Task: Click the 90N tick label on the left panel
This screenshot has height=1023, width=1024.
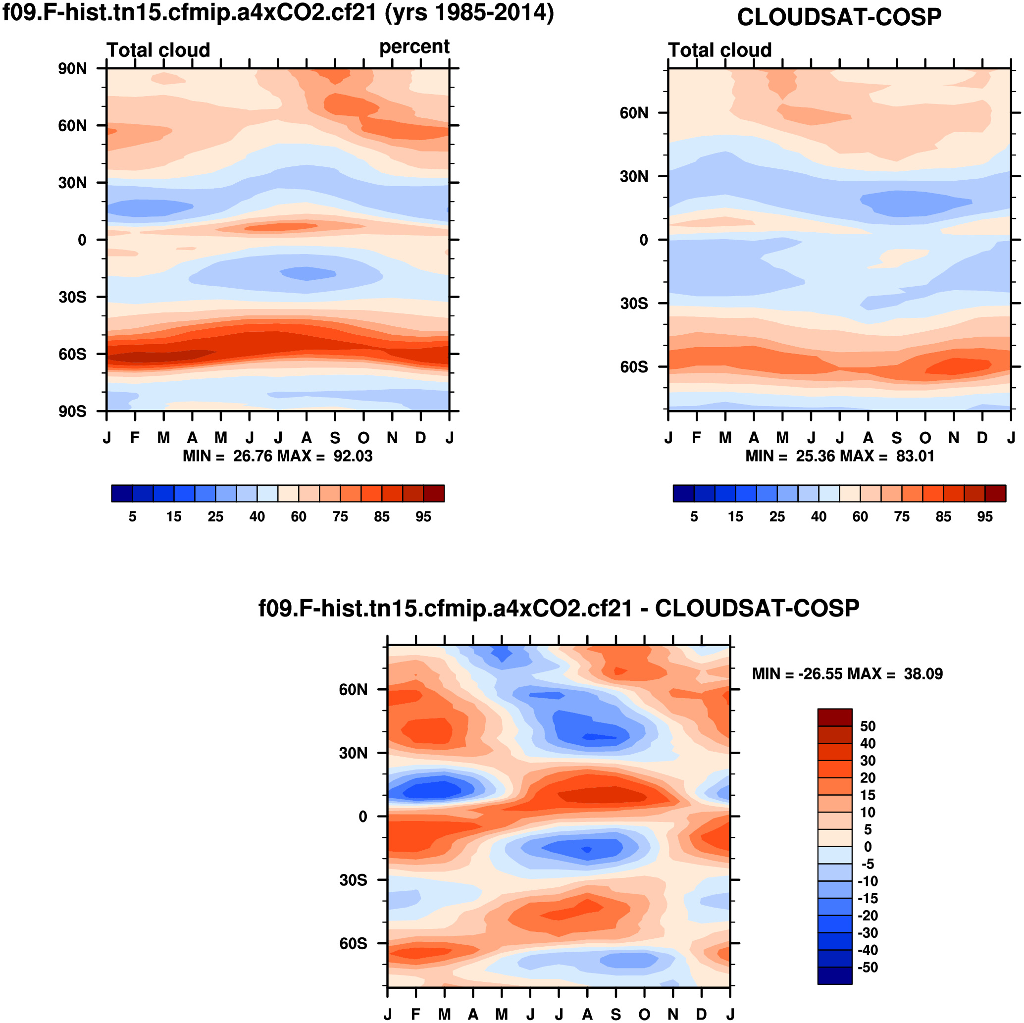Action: point(73,69)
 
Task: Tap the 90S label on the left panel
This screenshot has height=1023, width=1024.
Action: point(73,411)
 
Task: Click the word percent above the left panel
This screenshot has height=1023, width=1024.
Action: point(414,47)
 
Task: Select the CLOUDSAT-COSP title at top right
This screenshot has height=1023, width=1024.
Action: point(839,17)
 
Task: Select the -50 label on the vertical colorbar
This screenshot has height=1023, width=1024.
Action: point(867,968)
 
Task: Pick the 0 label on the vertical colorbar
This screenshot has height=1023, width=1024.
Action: point(868,847)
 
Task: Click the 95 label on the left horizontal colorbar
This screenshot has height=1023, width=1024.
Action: point(423,517)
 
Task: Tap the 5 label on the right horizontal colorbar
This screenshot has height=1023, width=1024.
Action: point(694,517)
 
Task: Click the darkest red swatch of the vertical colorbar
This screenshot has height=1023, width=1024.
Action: point(835,717)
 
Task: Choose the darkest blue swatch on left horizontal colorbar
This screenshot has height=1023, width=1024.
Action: point(122,494)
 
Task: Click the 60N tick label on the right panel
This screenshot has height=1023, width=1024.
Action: point(634,113)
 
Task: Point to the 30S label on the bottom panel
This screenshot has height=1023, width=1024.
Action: point(354,880)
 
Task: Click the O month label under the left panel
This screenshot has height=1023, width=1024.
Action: point(363,438)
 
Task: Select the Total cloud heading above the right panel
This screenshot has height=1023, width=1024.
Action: point(720,51)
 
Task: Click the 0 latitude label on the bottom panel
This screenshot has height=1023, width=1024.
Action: point(363,817)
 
